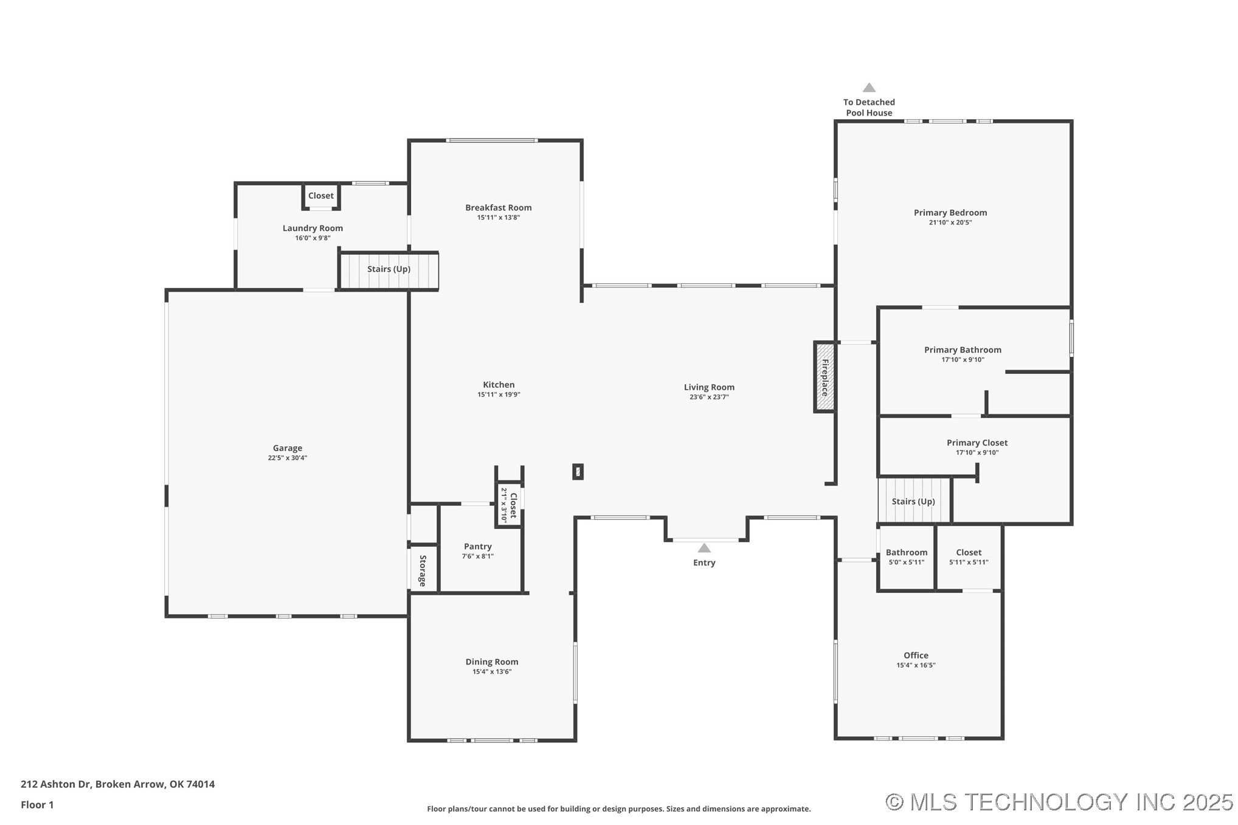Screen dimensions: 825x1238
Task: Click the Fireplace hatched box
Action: [x=825, y=377]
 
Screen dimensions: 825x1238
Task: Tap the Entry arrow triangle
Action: [x=704, y=548]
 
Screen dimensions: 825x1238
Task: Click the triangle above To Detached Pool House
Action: [x=869, y=88]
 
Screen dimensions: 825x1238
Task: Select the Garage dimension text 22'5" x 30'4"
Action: [x=287, y=458]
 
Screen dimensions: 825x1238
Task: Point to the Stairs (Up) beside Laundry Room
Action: [x=389, y=269]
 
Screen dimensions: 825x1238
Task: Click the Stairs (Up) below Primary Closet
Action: [x=913, y=502]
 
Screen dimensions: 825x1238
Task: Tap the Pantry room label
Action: [x=477, y=547]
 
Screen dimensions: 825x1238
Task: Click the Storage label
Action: [x=423, y=570]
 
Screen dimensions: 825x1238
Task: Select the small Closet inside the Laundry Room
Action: [x=320, y=196]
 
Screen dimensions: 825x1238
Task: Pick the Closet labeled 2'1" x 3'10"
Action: [x=509, y=505]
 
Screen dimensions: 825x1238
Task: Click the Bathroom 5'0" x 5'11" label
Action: [x=906, y=553]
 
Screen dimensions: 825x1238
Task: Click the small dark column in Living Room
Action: [x=578, y=471]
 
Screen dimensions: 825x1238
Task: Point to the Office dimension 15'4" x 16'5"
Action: [x=915, y=665]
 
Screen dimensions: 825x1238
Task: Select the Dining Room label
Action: [x=491, y=661]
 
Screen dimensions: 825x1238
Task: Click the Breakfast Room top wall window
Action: [x=491, y=140]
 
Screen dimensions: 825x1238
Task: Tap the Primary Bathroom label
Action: [x=962, y=350]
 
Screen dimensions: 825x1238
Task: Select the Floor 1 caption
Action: [x=37, y=805]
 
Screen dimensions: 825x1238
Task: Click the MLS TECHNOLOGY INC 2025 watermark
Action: [x=1059, y=803]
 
